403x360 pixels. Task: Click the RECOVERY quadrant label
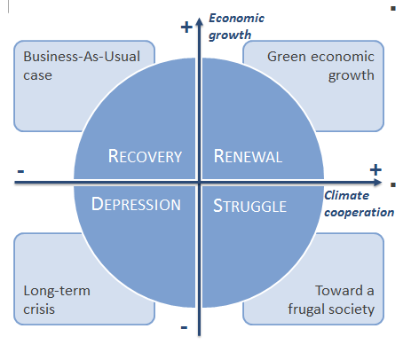click(x=145, y=157)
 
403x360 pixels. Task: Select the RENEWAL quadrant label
click(x=249, y=157)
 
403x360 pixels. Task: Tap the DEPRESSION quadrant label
click(x=137, y=204)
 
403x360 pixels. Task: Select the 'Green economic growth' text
click(x=320, y=66)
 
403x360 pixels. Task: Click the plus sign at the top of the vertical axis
click(x=186, y=27)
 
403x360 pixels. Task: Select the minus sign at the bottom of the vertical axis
click(x=184, y=327)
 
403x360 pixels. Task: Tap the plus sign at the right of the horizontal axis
click(x=375, y=169)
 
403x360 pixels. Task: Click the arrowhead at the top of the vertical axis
click(x=201, y=13)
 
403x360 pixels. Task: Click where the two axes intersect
click(x=201, y=183)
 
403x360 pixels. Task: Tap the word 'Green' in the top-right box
click(x=287, y=56)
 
